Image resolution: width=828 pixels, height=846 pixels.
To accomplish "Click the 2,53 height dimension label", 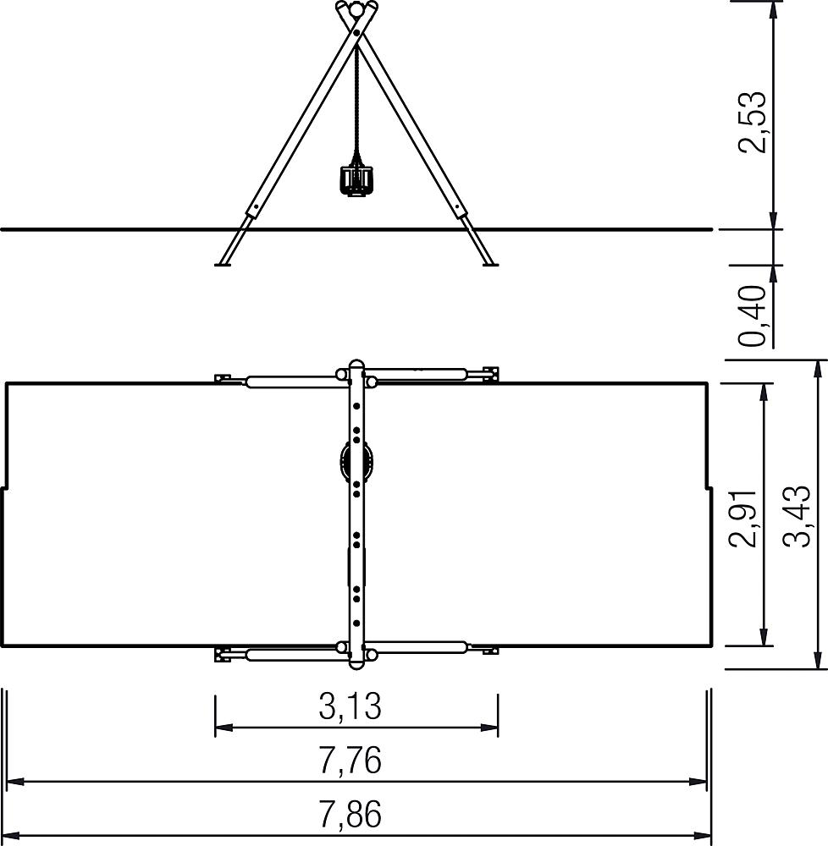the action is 752,123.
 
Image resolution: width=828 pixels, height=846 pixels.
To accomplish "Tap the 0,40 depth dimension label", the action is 752,316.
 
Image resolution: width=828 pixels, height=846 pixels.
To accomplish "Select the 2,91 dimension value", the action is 742,518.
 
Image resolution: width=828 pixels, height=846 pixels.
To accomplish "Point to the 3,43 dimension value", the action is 797,517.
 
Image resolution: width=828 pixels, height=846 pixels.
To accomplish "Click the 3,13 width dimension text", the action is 350,706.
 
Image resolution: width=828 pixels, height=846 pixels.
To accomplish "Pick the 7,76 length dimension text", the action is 350,760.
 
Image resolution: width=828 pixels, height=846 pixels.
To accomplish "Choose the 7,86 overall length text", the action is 350,814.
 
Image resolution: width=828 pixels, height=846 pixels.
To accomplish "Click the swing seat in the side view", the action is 356,181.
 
